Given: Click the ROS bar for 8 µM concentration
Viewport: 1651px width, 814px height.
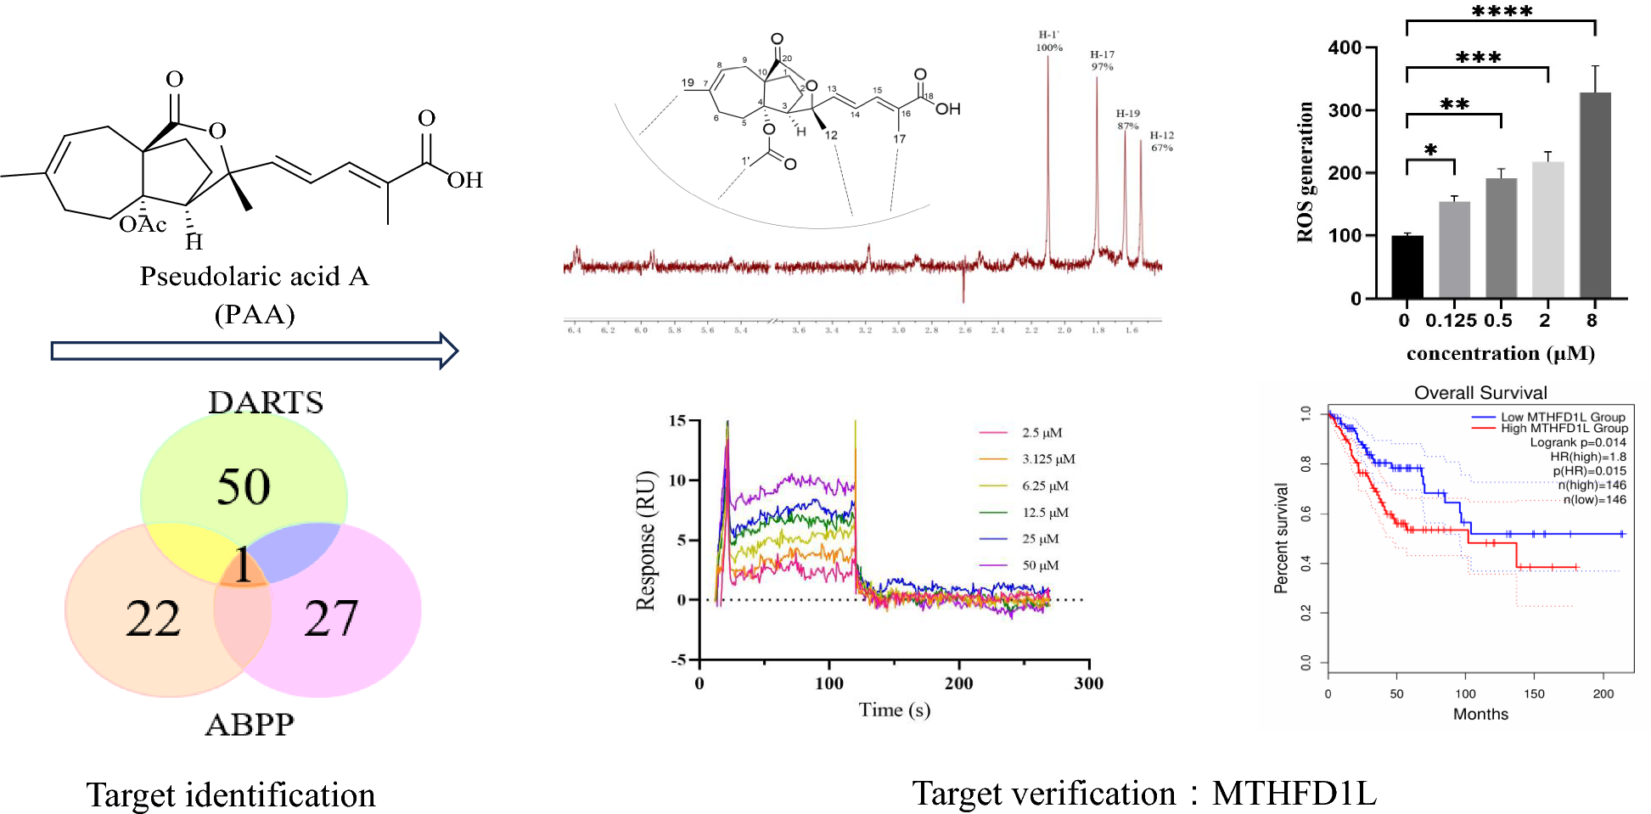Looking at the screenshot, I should tap(1594, 195).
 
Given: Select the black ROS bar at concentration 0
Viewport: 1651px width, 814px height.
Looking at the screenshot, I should tap(1407, 267).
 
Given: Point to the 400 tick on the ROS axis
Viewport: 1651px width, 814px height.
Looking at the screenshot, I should tap(1345, 48).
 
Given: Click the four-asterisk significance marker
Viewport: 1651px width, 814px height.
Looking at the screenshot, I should tap(1502, 12).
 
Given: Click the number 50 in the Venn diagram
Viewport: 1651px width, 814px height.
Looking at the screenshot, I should tap(244, 486).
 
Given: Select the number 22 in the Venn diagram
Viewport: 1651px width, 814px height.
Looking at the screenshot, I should tap(154, 619).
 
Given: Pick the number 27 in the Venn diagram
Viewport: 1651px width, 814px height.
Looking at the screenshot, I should tap(331, 618).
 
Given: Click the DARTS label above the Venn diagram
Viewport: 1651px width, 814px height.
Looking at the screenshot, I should tap(266, 402).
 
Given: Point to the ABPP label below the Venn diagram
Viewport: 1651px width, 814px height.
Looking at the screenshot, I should tap(250, 725).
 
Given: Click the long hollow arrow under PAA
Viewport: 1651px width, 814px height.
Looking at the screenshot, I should tap(255, 351).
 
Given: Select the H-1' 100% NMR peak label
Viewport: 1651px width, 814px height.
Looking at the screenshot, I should tap(1049, 41).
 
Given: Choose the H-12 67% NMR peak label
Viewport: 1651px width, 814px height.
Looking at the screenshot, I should tap(1162, 141).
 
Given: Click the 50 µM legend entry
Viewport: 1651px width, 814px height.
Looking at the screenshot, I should tap(1040, 565).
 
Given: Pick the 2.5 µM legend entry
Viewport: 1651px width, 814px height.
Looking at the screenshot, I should tap(1042, 433).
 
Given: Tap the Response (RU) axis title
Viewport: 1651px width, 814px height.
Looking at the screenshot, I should tap(646, 541).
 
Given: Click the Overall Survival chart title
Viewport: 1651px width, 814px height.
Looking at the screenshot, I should tap(1480, 393).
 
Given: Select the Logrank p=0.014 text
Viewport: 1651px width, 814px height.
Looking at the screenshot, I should tap(1577, 442).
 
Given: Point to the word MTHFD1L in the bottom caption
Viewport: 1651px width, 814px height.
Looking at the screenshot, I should tap(1294, 794).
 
